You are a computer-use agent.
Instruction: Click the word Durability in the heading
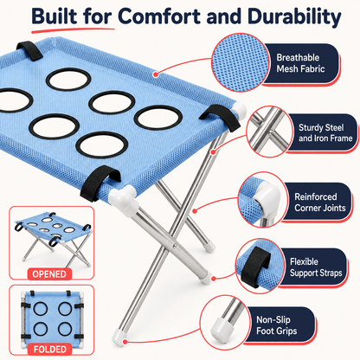(x=294, y=16)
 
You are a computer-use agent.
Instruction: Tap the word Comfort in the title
(x=160, y=16)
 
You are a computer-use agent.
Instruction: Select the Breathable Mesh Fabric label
(x=300, y=63)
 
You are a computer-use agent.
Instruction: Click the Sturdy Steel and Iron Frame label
(x=325, y=132)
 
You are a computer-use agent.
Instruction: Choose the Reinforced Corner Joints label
(x=319, y=202)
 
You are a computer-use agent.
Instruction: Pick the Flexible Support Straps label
(x=316, y=267)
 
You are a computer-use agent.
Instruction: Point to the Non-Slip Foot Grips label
(x=276, y=325)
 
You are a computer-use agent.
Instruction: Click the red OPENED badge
(x=49, y=273)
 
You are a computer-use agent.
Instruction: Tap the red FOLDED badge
(x=50, y=349)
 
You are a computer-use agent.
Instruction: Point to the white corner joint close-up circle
(x=262, y=200)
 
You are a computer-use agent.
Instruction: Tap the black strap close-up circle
(x=260, y=266)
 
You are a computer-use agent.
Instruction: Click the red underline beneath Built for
(x=73, y=29)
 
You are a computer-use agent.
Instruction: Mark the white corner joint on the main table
(x=124, y=200)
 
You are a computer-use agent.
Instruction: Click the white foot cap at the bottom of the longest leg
(x=119, y=337)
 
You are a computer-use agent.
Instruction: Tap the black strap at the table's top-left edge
(x=29, y=50)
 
